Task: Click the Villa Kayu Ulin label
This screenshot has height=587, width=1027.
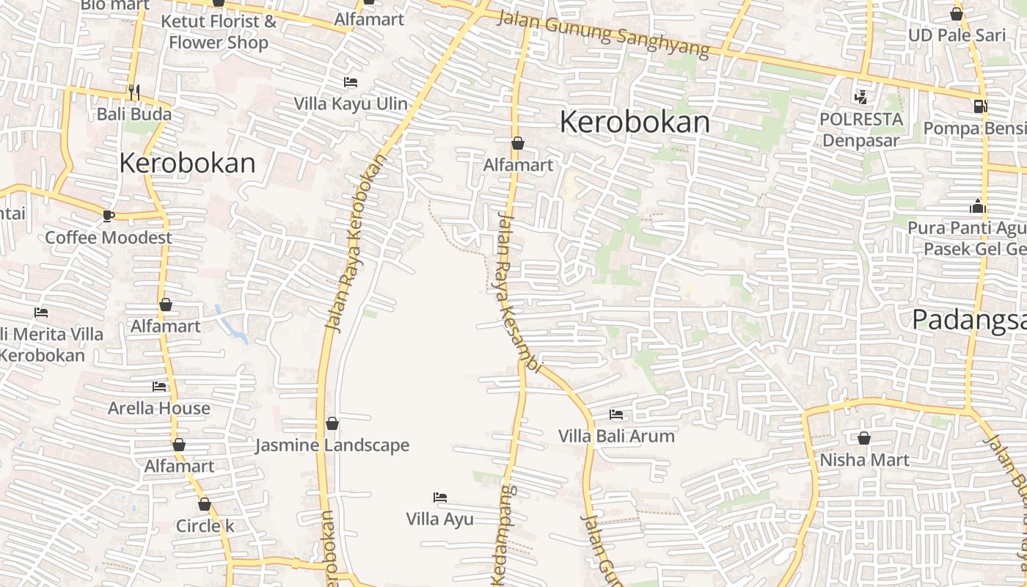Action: [351, 103]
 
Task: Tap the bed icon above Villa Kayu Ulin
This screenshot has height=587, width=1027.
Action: [351, 82]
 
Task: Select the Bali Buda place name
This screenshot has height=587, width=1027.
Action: [134, 114]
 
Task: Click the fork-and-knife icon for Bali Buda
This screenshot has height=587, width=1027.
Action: [134, 92]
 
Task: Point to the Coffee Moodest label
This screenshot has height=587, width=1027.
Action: [109, 237]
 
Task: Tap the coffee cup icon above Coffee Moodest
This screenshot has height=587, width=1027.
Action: [108, 215]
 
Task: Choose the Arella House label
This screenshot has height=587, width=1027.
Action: [159, 408]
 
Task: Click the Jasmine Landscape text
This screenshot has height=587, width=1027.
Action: [332, 445]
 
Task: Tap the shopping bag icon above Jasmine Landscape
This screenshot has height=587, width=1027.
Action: [332, 423]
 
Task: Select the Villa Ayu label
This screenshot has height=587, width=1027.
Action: [440, 519]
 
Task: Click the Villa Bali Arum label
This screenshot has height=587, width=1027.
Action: [616, 436]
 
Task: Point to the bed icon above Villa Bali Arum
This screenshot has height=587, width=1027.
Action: [616, 415]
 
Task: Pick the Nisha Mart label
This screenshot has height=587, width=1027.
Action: [864, 460]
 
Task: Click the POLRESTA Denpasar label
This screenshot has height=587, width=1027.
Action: [860, 129]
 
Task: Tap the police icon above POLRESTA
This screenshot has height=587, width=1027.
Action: [860, 96]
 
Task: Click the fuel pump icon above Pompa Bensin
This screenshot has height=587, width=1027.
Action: [980, 106]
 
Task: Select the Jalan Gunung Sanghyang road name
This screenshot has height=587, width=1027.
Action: [603, 34]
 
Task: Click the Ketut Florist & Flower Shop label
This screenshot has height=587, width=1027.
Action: [219, 32]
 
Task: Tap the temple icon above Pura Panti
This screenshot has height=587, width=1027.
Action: [977, 206]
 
